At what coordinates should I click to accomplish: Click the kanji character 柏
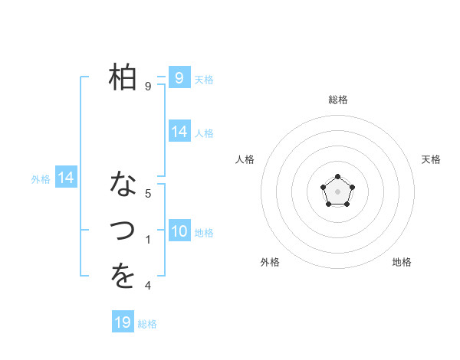[123, 77]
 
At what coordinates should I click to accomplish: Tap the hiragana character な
[123, 185]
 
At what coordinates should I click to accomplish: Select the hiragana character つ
[123, 230]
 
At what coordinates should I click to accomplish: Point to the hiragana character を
[123, 277]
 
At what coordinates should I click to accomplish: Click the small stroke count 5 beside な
[148, 194]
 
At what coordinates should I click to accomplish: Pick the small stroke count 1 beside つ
[148, 240]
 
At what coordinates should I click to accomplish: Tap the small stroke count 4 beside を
[148, 286]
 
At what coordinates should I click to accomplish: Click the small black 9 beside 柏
[148, 87]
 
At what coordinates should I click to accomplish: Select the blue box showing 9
[179, 77]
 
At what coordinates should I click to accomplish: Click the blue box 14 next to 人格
[179, 132]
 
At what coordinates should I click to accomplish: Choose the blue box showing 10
[179, 231]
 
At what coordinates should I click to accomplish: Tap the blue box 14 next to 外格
[66, 178]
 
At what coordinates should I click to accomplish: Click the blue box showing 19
[123, 322]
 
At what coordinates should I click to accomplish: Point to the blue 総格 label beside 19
[147, 324]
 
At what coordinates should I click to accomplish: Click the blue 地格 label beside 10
[205, 233]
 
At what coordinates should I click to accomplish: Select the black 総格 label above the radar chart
[337, 100]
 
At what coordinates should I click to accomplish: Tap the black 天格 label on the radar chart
[432, 159]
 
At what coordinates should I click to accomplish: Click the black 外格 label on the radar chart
[270, 262]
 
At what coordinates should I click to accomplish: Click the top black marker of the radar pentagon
[337, 178]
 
